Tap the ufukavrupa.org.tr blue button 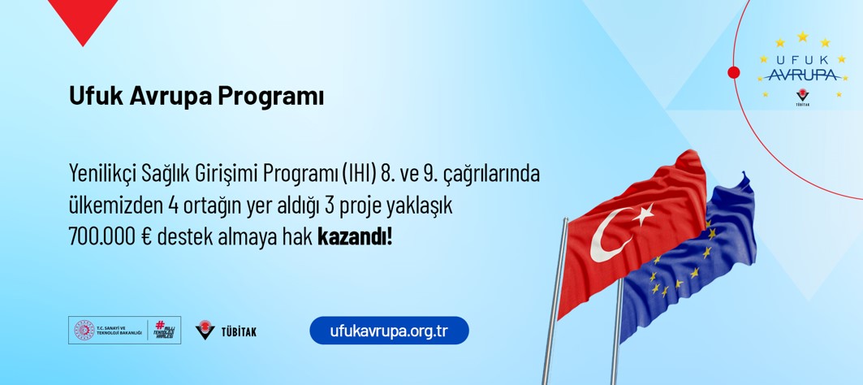pyautogui.click(x=390, y=331)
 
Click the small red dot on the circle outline pyautogui.click(x=733, y=73)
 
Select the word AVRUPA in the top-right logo pyautogui.click(x=802, y=75)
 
